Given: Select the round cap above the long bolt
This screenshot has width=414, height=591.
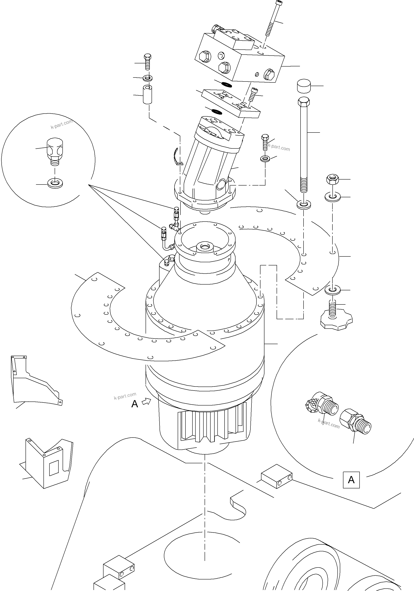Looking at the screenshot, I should point(304,86).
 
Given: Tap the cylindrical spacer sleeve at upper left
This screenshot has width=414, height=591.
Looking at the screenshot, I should point(147,95).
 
